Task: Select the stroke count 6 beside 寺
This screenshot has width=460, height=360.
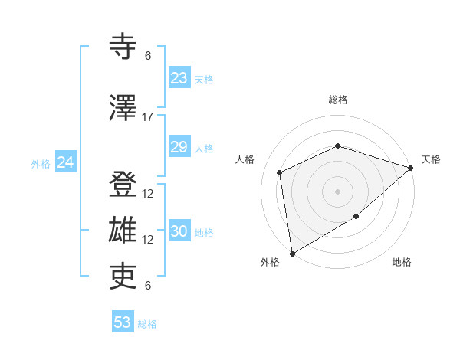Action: pos(148,55)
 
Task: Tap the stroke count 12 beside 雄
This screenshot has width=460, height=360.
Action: pos(148,239)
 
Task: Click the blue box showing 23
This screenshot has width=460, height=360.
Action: pos(179,78)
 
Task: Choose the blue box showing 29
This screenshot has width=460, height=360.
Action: pos(179,147)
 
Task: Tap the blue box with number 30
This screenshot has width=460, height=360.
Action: pos(179,231)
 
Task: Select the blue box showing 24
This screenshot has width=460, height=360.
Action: pos(66,162)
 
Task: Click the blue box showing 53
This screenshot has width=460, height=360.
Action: pos(122,322)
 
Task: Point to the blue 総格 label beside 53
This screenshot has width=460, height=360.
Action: pos(147,323)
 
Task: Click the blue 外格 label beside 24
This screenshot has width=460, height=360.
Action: pos(41,163)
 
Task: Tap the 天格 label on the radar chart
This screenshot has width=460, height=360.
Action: pos(431,159)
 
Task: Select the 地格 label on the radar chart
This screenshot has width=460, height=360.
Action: pos(402,262)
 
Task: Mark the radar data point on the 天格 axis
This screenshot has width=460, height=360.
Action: pos(411,168)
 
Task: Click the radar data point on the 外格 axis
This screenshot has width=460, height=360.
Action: pos(292,253)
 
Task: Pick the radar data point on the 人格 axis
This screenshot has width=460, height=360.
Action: pos(280,172)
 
